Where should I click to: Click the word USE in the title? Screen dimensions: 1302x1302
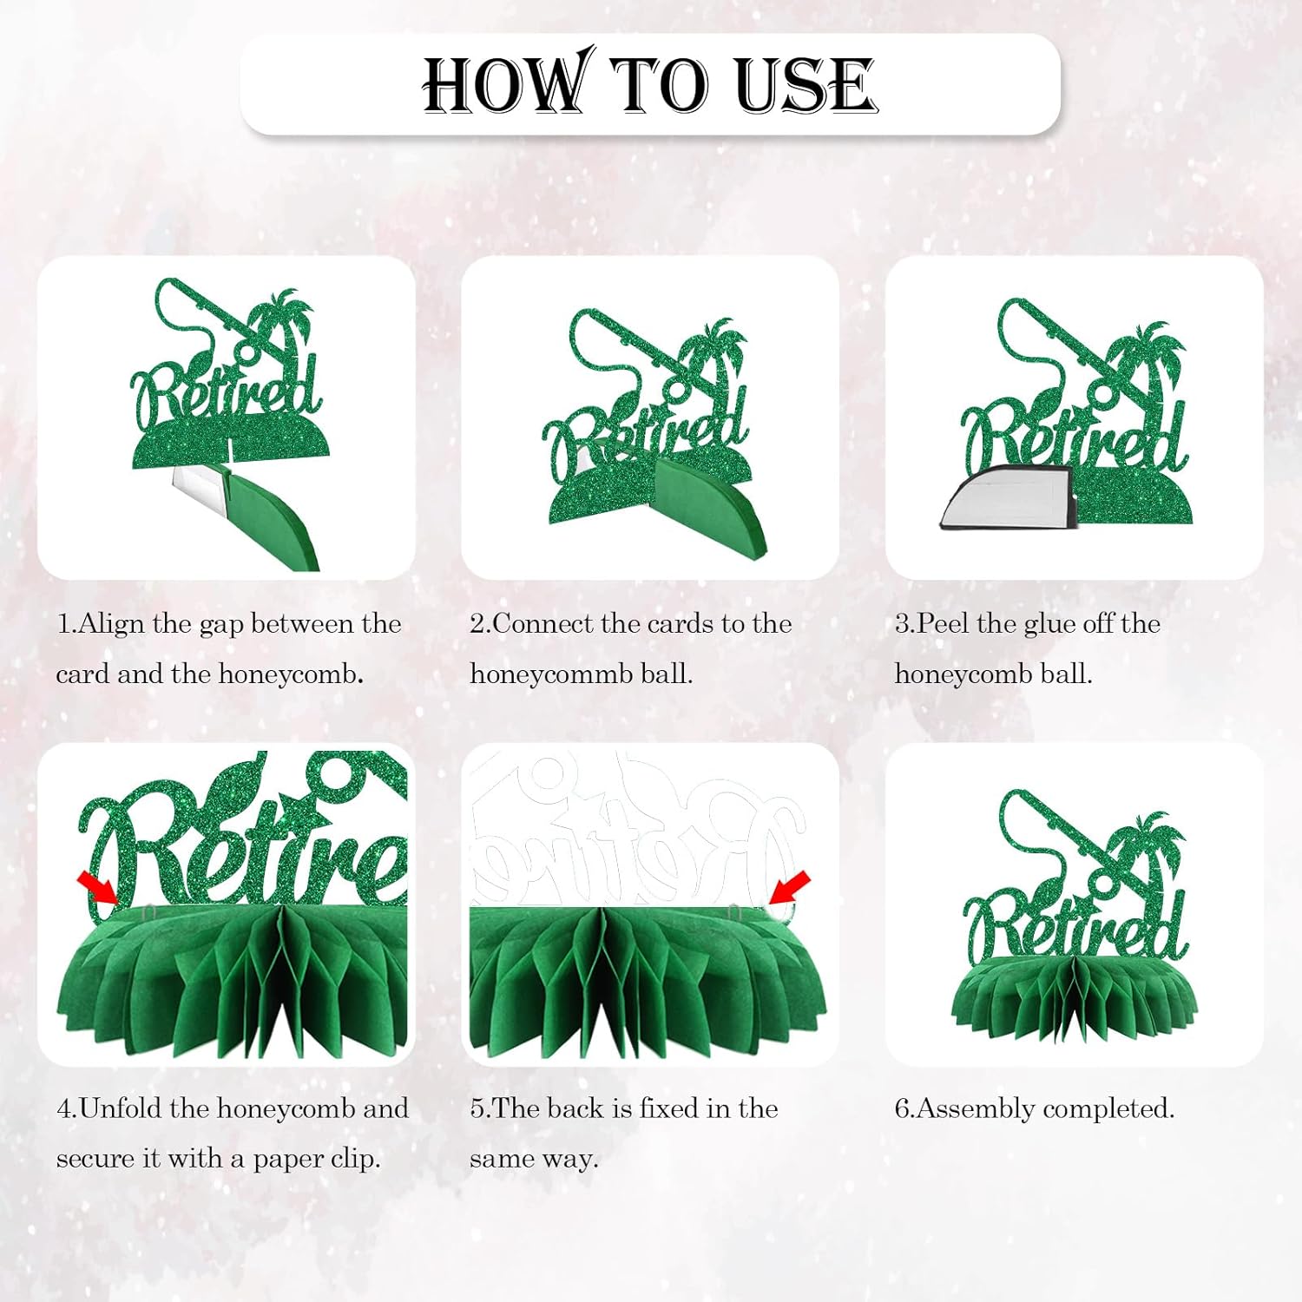click(x=806, y=85)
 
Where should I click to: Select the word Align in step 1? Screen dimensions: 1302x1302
click(x=111, y=625)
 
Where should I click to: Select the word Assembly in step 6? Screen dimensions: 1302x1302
click(x=976, y=1109)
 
